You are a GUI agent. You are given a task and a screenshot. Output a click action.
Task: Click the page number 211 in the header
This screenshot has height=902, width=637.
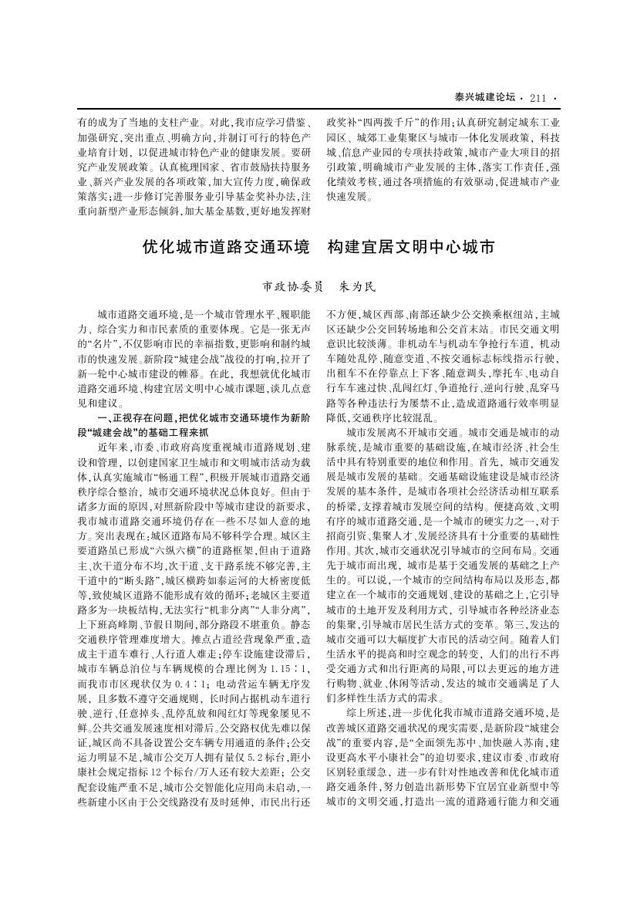point(538,97)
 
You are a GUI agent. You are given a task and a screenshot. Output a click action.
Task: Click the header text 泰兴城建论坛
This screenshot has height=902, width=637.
point(484,97)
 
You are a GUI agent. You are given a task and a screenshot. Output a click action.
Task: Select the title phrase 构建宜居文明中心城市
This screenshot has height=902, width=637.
point(410,248)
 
